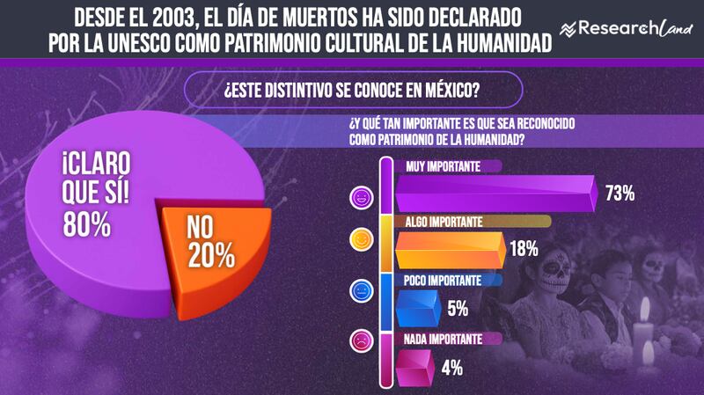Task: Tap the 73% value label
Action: [x=619, y=194]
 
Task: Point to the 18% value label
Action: [x=524, y=249]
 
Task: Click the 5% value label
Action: [x=457, y=309]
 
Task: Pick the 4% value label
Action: [x=452, y=367]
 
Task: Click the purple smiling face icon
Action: [x=360, y=195]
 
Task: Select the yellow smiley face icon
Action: [x=360, y=239]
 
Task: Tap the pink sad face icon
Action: [x=360, y=338]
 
